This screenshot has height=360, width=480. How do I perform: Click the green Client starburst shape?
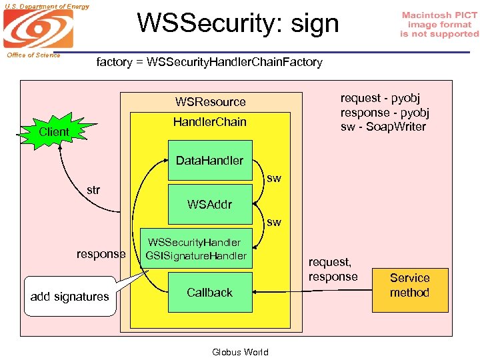tap(54, 131)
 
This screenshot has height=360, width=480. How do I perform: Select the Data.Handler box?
tap(210, 160)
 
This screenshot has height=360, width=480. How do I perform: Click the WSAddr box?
tap(210, 204)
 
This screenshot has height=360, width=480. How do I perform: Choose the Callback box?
tap(210, 293)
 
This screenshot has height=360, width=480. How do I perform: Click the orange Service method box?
tap(409, 285)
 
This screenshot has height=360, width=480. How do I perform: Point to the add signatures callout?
tap(70, 296)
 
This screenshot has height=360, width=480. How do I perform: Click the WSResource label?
tap(210, 102)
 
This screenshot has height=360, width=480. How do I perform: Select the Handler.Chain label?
tap(209, 122)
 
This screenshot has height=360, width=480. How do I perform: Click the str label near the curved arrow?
tap(93, 190)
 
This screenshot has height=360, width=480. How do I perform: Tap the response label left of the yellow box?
tap(101, 254)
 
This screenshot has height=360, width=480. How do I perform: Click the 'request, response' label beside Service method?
tap(333, 270)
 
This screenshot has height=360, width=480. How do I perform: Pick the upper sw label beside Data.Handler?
tap(273, 179)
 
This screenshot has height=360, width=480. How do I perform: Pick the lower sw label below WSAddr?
tap(273, 222)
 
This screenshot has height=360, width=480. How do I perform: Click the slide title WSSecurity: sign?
tap(238, 23)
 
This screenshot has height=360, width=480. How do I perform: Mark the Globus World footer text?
tap(240, 352)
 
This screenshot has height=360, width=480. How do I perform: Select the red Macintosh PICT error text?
tap(439, 24)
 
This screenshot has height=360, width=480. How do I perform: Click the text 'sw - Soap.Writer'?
tap(383, 127)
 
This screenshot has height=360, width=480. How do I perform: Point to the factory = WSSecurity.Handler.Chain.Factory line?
tap(209, 62)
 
